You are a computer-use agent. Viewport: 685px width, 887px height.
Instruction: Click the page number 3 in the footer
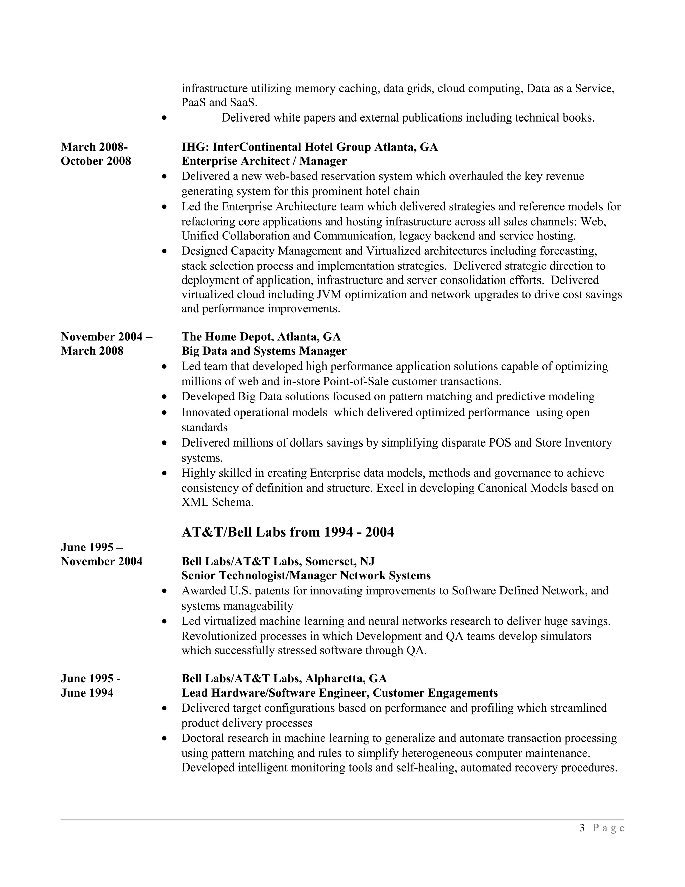(x=582, y=828)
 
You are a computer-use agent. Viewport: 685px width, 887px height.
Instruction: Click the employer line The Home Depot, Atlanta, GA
(x=261, y=337)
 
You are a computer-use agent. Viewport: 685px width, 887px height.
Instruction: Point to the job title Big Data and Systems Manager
(x=264, y=351)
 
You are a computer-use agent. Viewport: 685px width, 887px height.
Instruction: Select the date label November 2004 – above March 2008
(x=106, y=337)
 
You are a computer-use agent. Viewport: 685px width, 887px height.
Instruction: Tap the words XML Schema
(x=217, y=502)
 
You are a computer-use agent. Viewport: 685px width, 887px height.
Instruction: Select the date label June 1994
(x=87, y=693)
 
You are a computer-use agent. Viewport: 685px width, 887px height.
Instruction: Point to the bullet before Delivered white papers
(x=164, y=118)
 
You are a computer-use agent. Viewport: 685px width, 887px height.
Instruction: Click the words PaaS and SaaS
(x=219, y=102)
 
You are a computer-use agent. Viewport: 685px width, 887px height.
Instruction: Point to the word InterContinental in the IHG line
(x=256, y=147)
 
